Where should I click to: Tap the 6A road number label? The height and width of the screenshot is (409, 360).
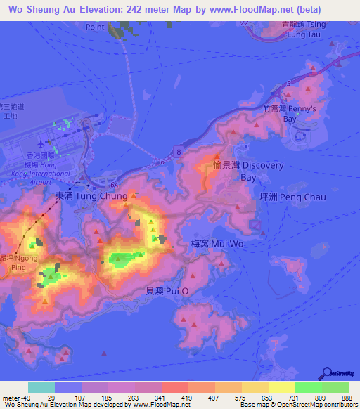tap(114, 183)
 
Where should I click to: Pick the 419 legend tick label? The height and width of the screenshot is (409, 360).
tap(188, 397)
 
